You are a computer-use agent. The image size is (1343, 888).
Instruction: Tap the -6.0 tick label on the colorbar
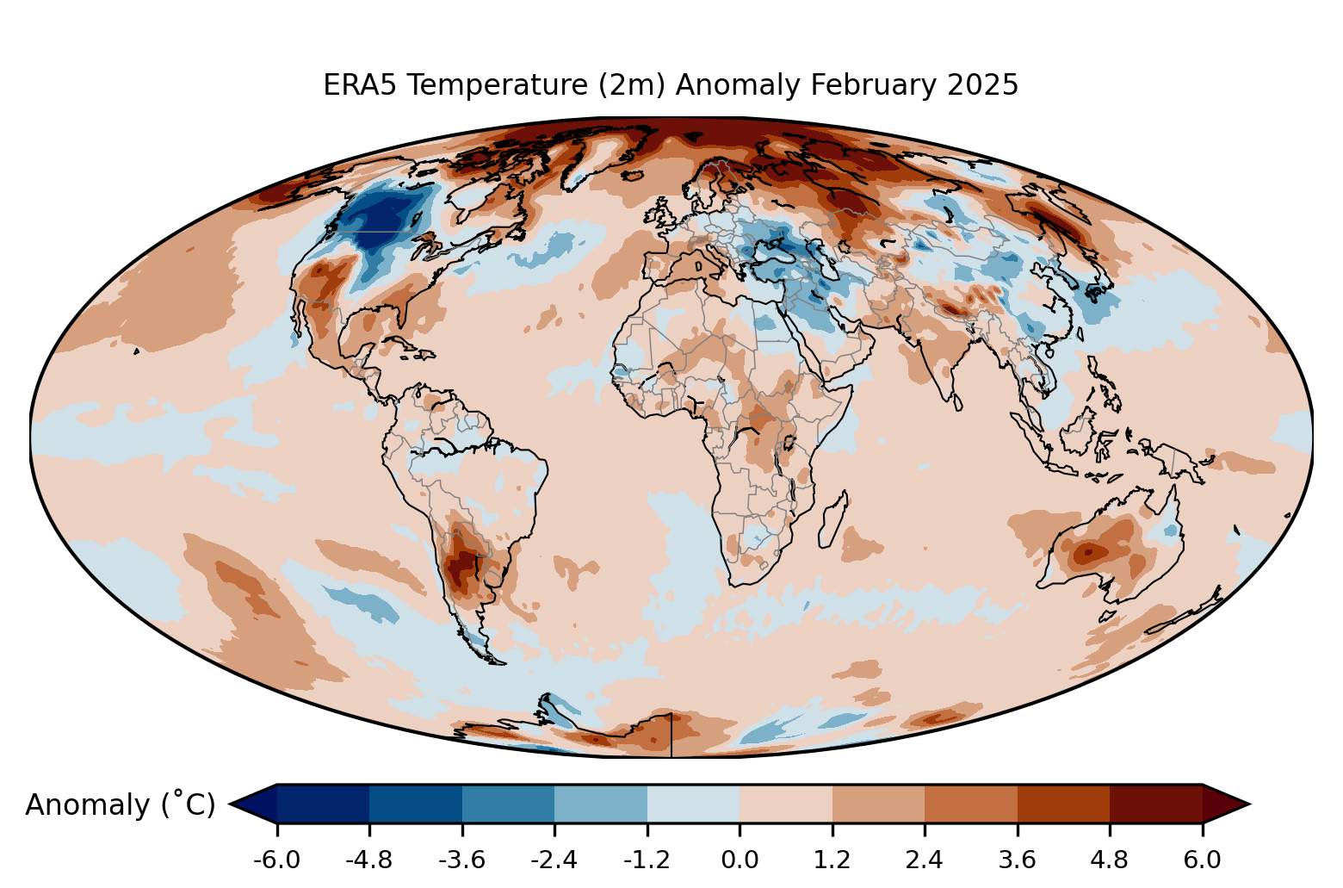(276, 860)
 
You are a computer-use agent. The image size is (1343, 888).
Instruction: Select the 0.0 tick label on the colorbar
(740, 860)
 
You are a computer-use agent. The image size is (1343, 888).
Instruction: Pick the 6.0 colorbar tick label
(1202, 860)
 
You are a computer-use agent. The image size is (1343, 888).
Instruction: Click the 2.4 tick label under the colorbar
(925, 860)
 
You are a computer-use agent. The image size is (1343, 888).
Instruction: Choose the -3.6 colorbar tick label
(462, 860)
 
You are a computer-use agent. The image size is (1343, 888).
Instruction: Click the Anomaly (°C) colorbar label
(120, 804)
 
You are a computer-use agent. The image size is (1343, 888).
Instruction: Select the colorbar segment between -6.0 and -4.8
(323, 804)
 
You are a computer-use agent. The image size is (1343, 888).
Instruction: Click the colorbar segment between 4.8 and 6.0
(1155, 804)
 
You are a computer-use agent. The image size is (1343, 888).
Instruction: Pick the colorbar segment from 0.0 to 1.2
(786, 804)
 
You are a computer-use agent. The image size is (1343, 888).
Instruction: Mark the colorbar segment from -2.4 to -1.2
(601, 804)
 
